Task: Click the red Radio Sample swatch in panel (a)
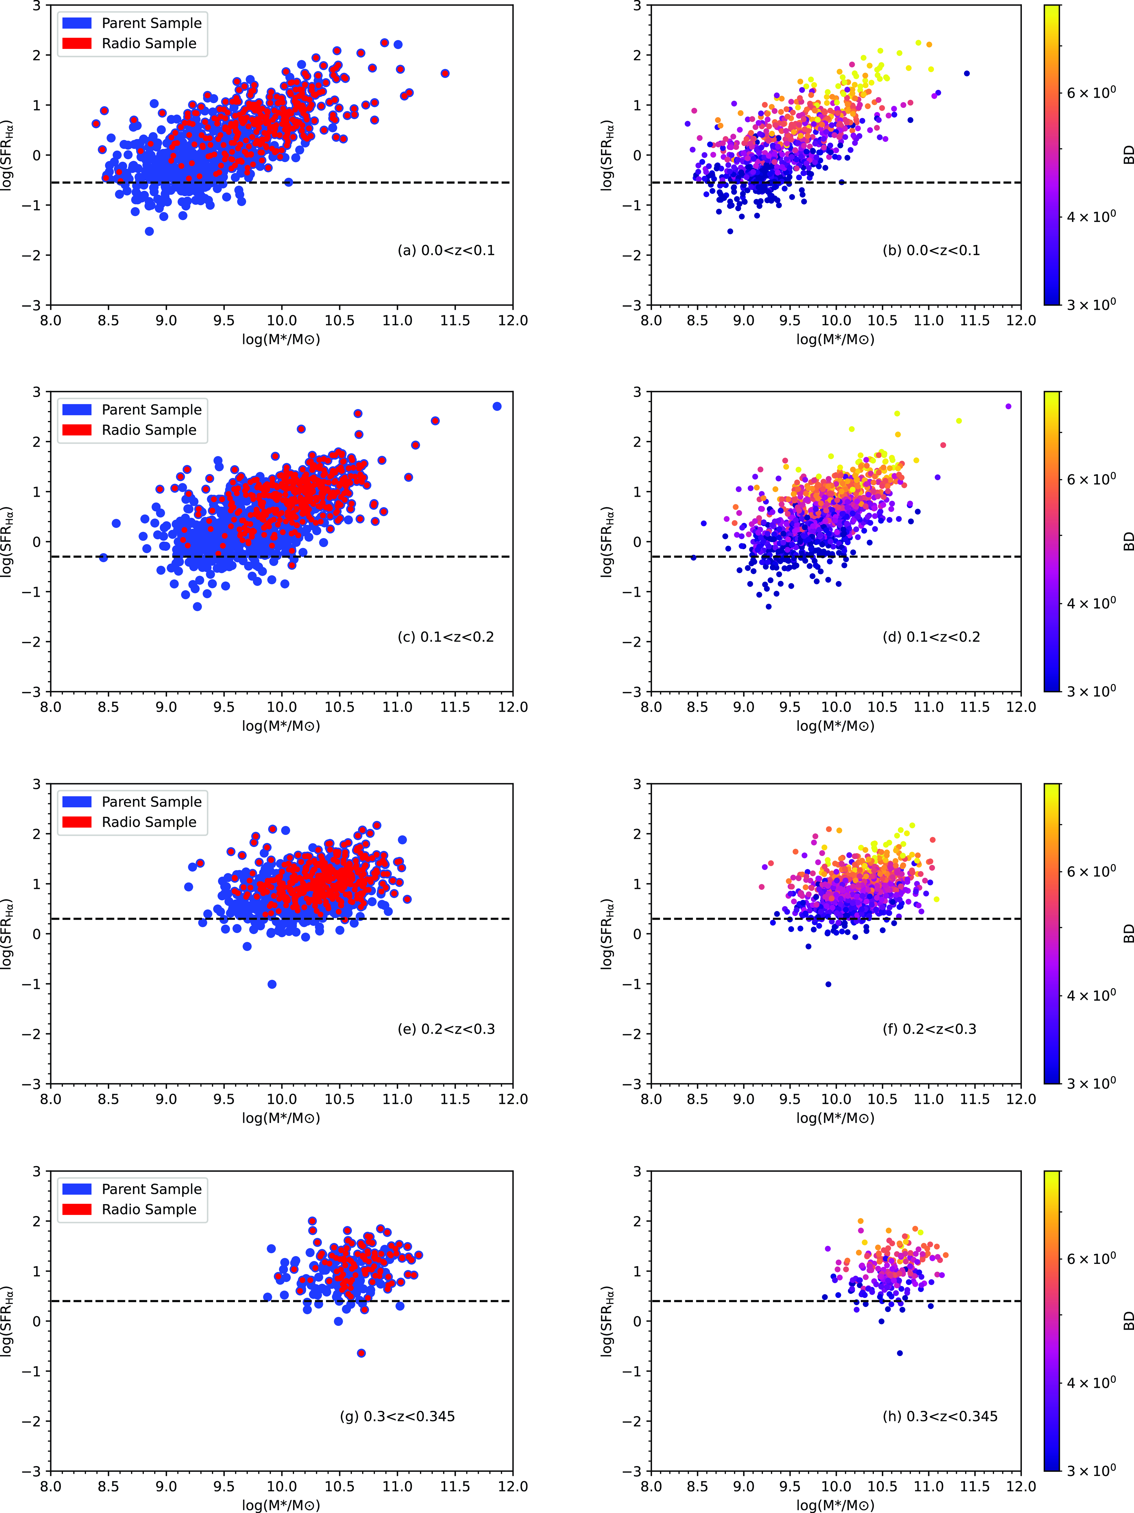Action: tap(77, 43)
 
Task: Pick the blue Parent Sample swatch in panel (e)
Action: tap(77, 802)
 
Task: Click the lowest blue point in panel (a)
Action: tap(149, 231)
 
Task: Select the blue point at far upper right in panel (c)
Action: tap(497, 406)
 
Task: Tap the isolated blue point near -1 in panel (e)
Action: tap(272, 984)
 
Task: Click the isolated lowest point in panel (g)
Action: tap(361, 1353)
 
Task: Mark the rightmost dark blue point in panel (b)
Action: tap(966, 73)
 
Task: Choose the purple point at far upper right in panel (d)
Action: tap(1008, 406)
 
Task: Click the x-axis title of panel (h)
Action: tap(835, 1505)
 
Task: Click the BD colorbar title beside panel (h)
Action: tap(1128, 1321)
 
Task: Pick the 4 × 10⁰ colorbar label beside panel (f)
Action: tap(1091, 995)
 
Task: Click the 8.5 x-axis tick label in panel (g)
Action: tap(108, 1486)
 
